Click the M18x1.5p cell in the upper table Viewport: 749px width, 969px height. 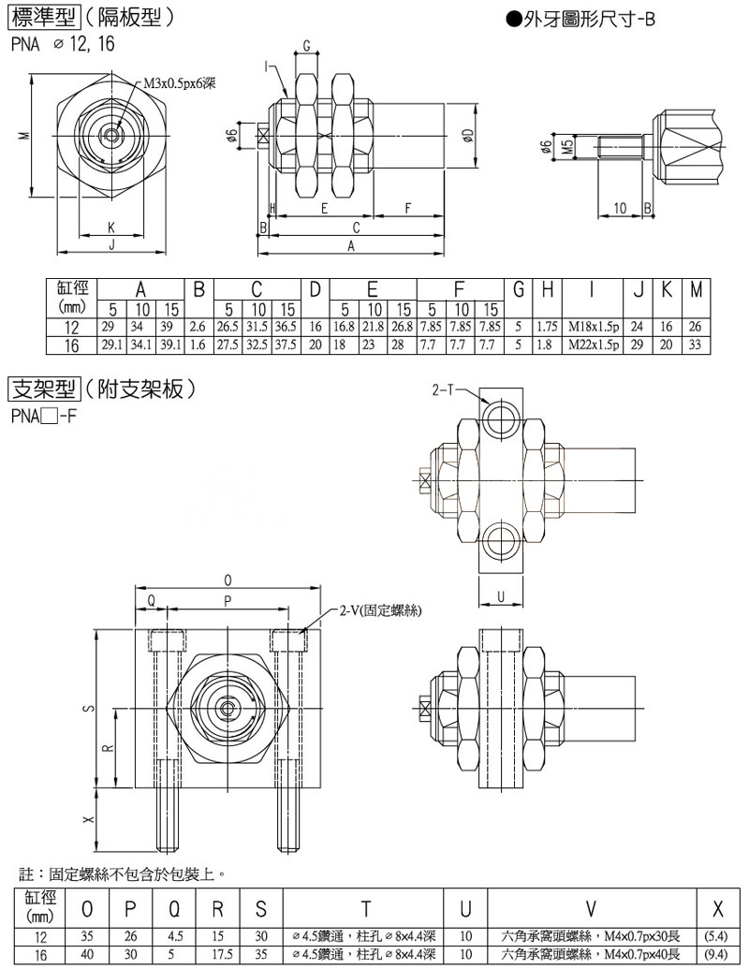click(x=594, y=327)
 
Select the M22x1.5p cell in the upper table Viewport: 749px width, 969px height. click(x=594, y=345)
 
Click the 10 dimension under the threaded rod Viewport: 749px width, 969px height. click(x=620, y=208)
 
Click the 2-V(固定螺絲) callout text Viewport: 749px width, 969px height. click(x=381, y=610)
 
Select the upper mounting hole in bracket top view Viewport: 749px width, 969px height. click(x=501, y=420)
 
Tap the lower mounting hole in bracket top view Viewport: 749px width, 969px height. click(x=501, y=543)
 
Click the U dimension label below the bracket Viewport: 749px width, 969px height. click(x=501, y=596)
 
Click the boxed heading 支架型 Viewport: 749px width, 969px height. click(x=43, y=389)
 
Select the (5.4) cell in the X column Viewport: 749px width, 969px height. click(x=717, y=936)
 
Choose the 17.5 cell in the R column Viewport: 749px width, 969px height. click(x=222, y=954)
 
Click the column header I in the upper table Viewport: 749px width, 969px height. click(x=593, y=290)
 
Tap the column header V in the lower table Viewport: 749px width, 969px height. click(x=591, y=909)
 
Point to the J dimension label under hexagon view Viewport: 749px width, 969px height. click(x=111, y=244)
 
